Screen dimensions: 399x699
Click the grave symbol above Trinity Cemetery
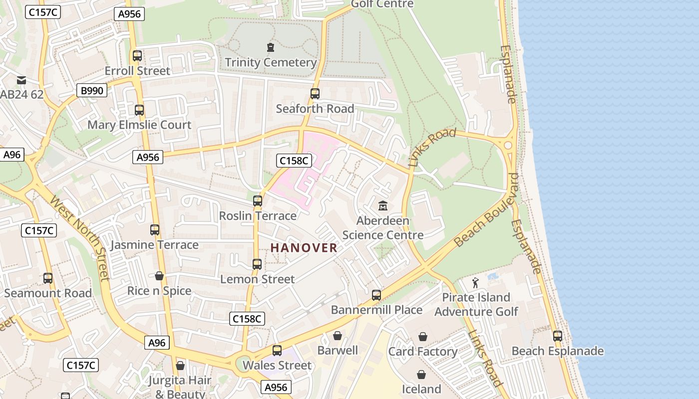[271, 47]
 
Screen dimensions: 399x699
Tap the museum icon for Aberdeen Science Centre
[383, 205]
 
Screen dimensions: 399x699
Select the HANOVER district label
[304, 248]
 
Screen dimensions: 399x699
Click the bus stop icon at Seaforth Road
[315, 94]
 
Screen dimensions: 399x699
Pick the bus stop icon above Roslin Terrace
[258, 201]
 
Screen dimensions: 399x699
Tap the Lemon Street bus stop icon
[257, 264]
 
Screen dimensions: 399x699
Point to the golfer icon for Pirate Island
[475, 283]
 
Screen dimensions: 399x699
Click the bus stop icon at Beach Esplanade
[558, 336]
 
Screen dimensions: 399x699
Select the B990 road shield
[92, 90]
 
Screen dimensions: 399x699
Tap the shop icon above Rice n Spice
[159, 276]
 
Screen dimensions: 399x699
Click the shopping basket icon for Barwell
[338, 336]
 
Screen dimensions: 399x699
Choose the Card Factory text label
[423, 352]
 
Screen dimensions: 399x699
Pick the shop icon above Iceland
[421, 374]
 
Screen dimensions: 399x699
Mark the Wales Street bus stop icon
[277, 351]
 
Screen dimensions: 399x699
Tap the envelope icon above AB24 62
[21, 80]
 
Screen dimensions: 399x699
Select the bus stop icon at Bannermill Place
[376, 295]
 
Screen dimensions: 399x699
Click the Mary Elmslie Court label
[139, 125]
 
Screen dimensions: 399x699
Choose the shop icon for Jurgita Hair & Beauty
[180, 366]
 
